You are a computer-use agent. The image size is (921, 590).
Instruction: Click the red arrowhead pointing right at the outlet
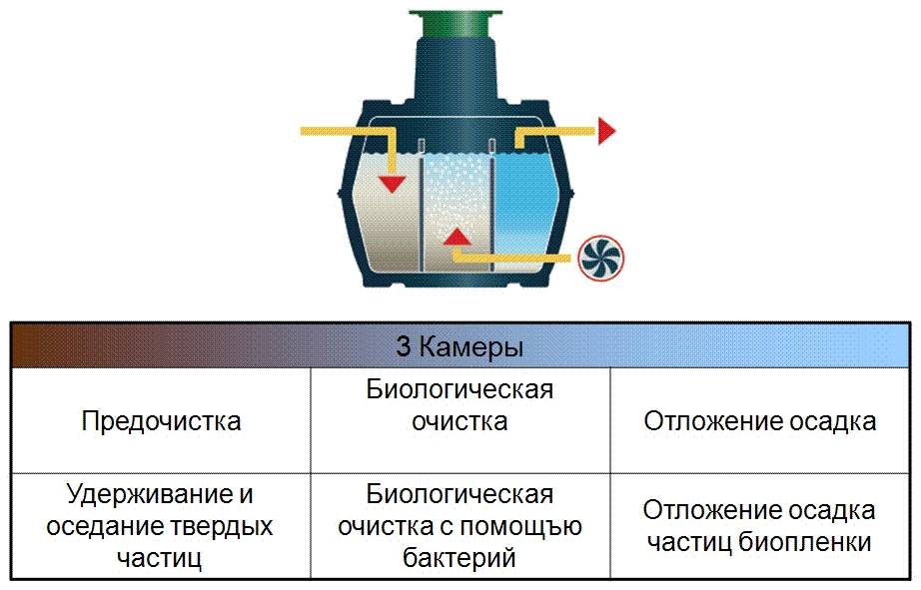[607, 130]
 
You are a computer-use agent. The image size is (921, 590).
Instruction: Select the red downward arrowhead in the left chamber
[393, 183]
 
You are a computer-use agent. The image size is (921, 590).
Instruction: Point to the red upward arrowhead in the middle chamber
[457, 237]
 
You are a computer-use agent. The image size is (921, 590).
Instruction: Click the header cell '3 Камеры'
[460, 347]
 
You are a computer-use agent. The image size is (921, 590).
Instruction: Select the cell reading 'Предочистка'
[161, 420]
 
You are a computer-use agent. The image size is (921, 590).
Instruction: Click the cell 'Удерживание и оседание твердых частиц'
[161, 526]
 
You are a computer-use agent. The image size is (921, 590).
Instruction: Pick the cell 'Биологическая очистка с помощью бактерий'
[460, 526]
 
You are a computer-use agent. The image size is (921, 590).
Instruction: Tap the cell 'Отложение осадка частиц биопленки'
[760, 526]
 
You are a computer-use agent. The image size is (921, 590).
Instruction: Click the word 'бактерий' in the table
[460, 557]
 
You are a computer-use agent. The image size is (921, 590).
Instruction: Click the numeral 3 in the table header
[405, 347]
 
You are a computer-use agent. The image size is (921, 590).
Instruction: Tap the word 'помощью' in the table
[534, 526]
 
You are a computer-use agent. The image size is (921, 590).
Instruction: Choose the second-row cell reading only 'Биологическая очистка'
[460, 405]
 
